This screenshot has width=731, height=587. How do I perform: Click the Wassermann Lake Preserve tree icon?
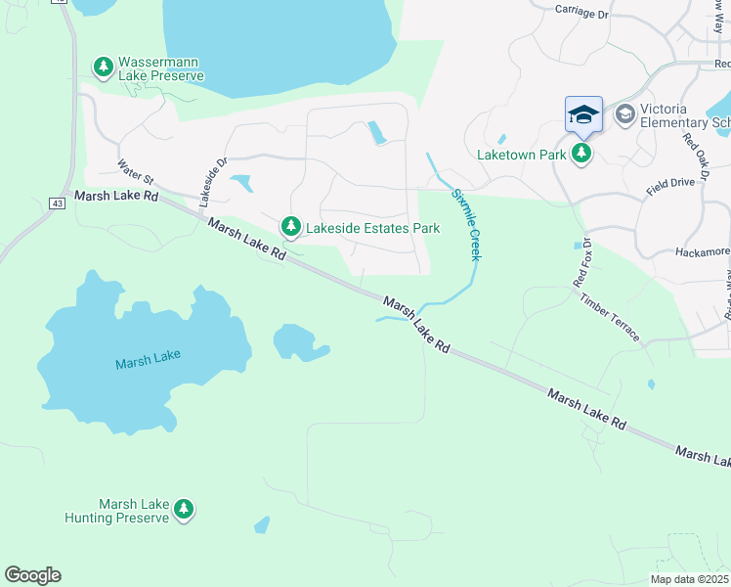pos(103,67)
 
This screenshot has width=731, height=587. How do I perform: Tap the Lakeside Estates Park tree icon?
pos(290,227)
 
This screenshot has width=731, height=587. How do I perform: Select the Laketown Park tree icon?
pos(581,153)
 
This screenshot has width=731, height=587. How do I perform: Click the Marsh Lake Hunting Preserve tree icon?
pos(183,509)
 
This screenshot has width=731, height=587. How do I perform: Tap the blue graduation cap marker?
pos(583,114)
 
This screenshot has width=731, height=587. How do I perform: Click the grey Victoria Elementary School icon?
pos(623,115)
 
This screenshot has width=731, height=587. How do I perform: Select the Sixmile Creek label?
pos(466,224)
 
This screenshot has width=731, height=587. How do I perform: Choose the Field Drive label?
pos(670,183)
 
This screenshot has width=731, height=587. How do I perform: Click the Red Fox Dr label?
pos(582,263)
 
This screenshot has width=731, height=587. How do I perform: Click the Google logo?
pos(32,575)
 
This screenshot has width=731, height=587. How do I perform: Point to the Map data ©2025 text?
pos(688,579)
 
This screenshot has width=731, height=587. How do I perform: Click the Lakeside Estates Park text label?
pos(371,228)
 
